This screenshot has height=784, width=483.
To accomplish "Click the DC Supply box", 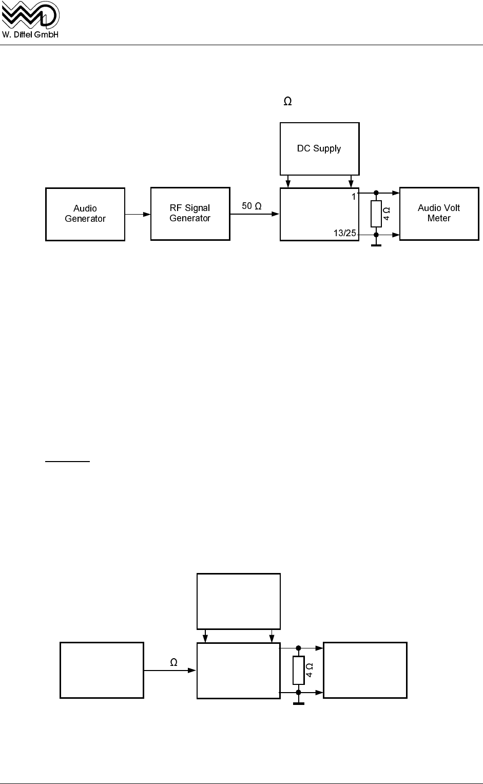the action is tap(319, 148).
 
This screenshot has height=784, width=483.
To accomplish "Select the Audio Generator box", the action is tap(85, 214).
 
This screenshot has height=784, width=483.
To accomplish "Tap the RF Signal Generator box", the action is tap(190, 213).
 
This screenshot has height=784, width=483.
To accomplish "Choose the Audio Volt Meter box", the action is tap(439, 213).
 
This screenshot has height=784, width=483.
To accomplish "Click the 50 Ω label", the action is tap(252, 206).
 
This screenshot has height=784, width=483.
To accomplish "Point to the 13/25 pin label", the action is tap(344, 233).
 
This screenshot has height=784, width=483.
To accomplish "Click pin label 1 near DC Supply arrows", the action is tap(354, 197).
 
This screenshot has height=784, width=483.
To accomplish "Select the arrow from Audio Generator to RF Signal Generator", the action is tap(138, 214).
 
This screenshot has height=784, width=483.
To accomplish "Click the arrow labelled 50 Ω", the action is tap(255, 214).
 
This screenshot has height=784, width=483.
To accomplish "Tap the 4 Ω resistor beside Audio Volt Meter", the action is tap(376, 214).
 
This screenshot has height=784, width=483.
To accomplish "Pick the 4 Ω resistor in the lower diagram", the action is tap(299, 670).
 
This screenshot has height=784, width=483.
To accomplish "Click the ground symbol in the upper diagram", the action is tap(376, 245).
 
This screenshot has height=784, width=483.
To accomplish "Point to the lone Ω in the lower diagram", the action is tap(174, 663).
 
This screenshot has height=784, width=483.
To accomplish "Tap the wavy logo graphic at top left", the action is tap(30, 15).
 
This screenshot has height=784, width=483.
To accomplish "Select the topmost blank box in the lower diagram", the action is tap(239, 601).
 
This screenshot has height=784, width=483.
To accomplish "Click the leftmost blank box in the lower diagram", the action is tap(102, 670).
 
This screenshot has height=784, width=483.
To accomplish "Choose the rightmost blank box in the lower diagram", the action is tap(365, 670).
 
